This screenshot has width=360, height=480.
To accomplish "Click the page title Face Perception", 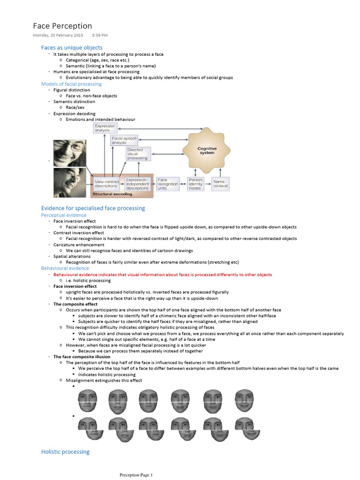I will (x=62, y=26).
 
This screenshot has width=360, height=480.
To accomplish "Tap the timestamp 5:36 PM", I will (x=100, y=36).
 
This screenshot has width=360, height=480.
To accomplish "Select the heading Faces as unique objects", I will (x=72, y=48).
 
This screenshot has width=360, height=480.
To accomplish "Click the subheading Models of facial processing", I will (x=71, y=84).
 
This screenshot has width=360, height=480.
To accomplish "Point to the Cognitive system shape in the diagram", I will (x=207, y=150).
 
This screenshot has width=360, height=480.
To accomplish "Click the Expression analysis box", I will (x=105, y=128).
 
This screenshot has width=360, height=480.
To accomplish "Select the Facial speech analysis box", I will (x=124, y=140).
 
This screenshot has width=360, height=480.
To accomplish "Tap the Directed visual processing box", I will (x=138, y=154).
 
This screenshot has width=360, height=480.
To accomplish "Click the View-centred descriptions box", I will (x=106, y=183).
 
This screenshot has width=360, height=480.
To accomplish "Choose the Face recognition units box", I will (x=168, y=183).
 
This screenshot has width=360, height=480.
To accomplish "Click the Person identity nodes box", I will (x=195, y=183).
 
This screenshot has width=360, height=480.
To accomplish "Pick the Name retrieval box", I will (x=221, y=183).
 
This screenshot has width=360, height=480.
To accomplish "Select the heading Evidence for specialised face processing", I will (x=93, y=208).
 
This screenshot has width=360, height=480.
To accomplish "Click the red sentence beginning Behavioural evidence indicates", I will (x=162, y=275).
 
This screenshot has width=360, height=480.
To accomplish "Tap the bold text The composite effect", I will (x=75, y=304).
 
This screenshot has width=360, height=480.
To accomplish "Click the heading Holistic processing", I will (x=65, y=452).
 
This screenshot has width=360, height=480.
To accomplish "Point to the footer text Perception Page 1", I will (x=136, y=475).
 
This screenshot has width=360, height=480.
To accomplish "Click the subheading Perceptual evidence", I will (x=64, y=215).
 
